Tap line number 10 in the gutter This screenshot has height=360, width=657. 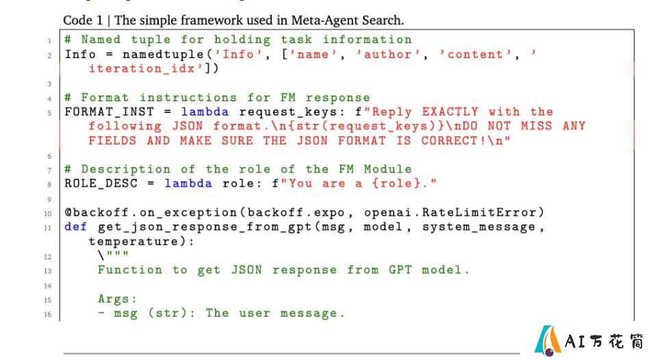[x=48, y=214]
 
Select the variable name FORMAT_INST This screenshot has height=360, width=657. [x=109, y=112]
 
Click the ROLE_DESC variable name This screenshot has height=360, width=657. [x=101, y=183]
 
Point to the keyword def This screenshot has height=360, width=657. [x=76, y=227]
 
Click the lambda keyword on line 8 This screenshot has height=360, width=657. [x=188, y=183]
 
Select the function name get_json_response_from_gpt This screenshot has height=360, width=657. [x=205, y=227]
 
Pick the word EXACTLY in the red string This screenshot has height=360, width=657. [x=450, y=112]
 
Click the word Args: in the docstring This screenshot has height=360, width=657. [x=117, y=299]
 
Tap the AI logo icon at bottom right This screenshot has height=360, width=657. [x=547, y=340]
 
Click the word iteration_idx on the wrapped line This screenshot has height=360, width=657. [x=142, y=68]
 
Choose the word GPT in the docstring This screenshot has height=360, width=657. [x=400, y=270]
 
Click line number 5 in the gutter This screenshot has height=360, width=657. [x=49, y=113]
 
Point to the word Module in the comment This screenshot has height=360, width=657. [x=388, y=169]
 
